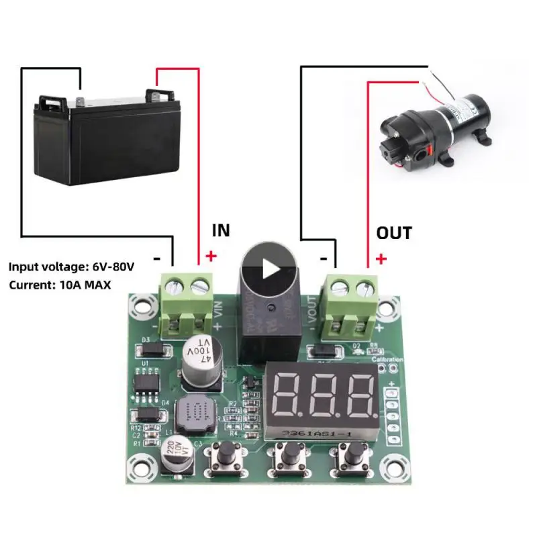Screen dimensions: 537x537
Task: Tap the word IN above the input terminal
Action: (221, 230)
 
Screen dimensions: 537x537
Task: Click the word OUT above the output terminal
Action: (394, 233)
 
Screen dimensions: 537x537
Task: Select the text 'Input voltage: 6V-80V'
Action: (72, 266)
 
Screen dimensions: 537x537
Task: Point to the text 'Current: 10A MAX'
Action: (60, 285)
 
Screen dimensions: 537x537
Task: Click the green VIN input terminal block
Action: (187, 305)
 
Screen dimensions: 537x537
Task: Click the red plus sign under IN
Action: (211, 256)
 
